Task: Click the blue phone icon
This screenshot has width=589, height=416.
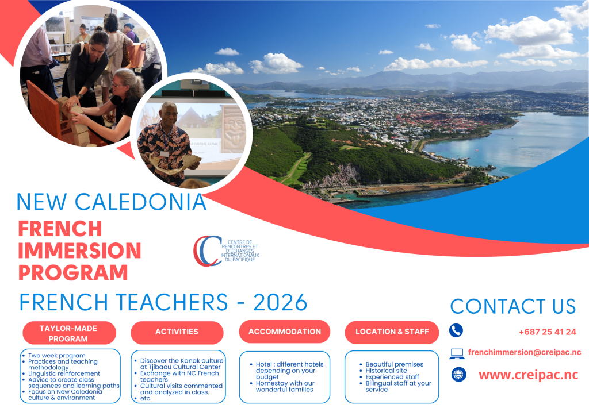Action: (x=456, y=330)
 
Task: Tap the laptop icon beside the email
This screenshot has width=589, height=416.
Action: (x=457, y=353)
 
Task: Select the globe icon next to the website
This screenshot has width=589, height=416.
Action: (x=458, y=375)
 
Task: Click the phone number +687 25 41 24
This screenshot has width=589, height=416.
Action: (x=548, y=332)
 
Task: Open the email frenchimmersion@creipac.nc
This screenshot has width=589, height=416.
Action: (x=525, y=352)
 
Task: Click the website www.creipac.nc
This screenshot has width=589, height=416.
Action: (x=528, y=375)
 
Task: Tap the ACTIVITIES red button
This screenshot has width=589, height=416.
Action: (x=177, y=332)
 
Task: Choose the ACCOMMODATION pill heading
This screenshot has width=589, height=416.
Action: (x=285, y=332)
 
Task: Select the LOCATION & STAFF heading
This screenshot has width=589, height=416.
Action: (x=392, y=332)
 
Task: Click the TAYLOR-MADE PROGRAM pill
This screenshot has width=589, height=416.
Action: (x=69, y=333)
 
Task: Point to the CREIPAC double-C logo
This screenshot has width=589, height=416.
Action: (x=207, y=251)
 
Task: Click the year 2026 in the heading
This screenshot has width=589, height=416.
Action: (x=280, y=302)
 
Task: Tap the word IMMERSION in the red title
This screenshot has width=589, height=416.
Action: (x=79, y=251)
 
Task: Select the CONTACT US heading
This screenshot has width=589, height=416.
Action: (x=513, y=306)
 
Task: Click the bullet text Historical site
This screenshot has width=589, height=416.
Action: (x=386, y=371)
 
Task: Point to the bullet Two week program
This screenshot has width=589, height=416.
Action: (x=57, y=356)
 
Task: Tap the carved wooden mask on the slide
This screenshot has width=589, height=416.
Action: (x=234, y=129)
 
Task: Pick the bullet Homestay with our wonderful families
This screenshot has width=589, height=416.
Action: (x=285, y=386)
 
